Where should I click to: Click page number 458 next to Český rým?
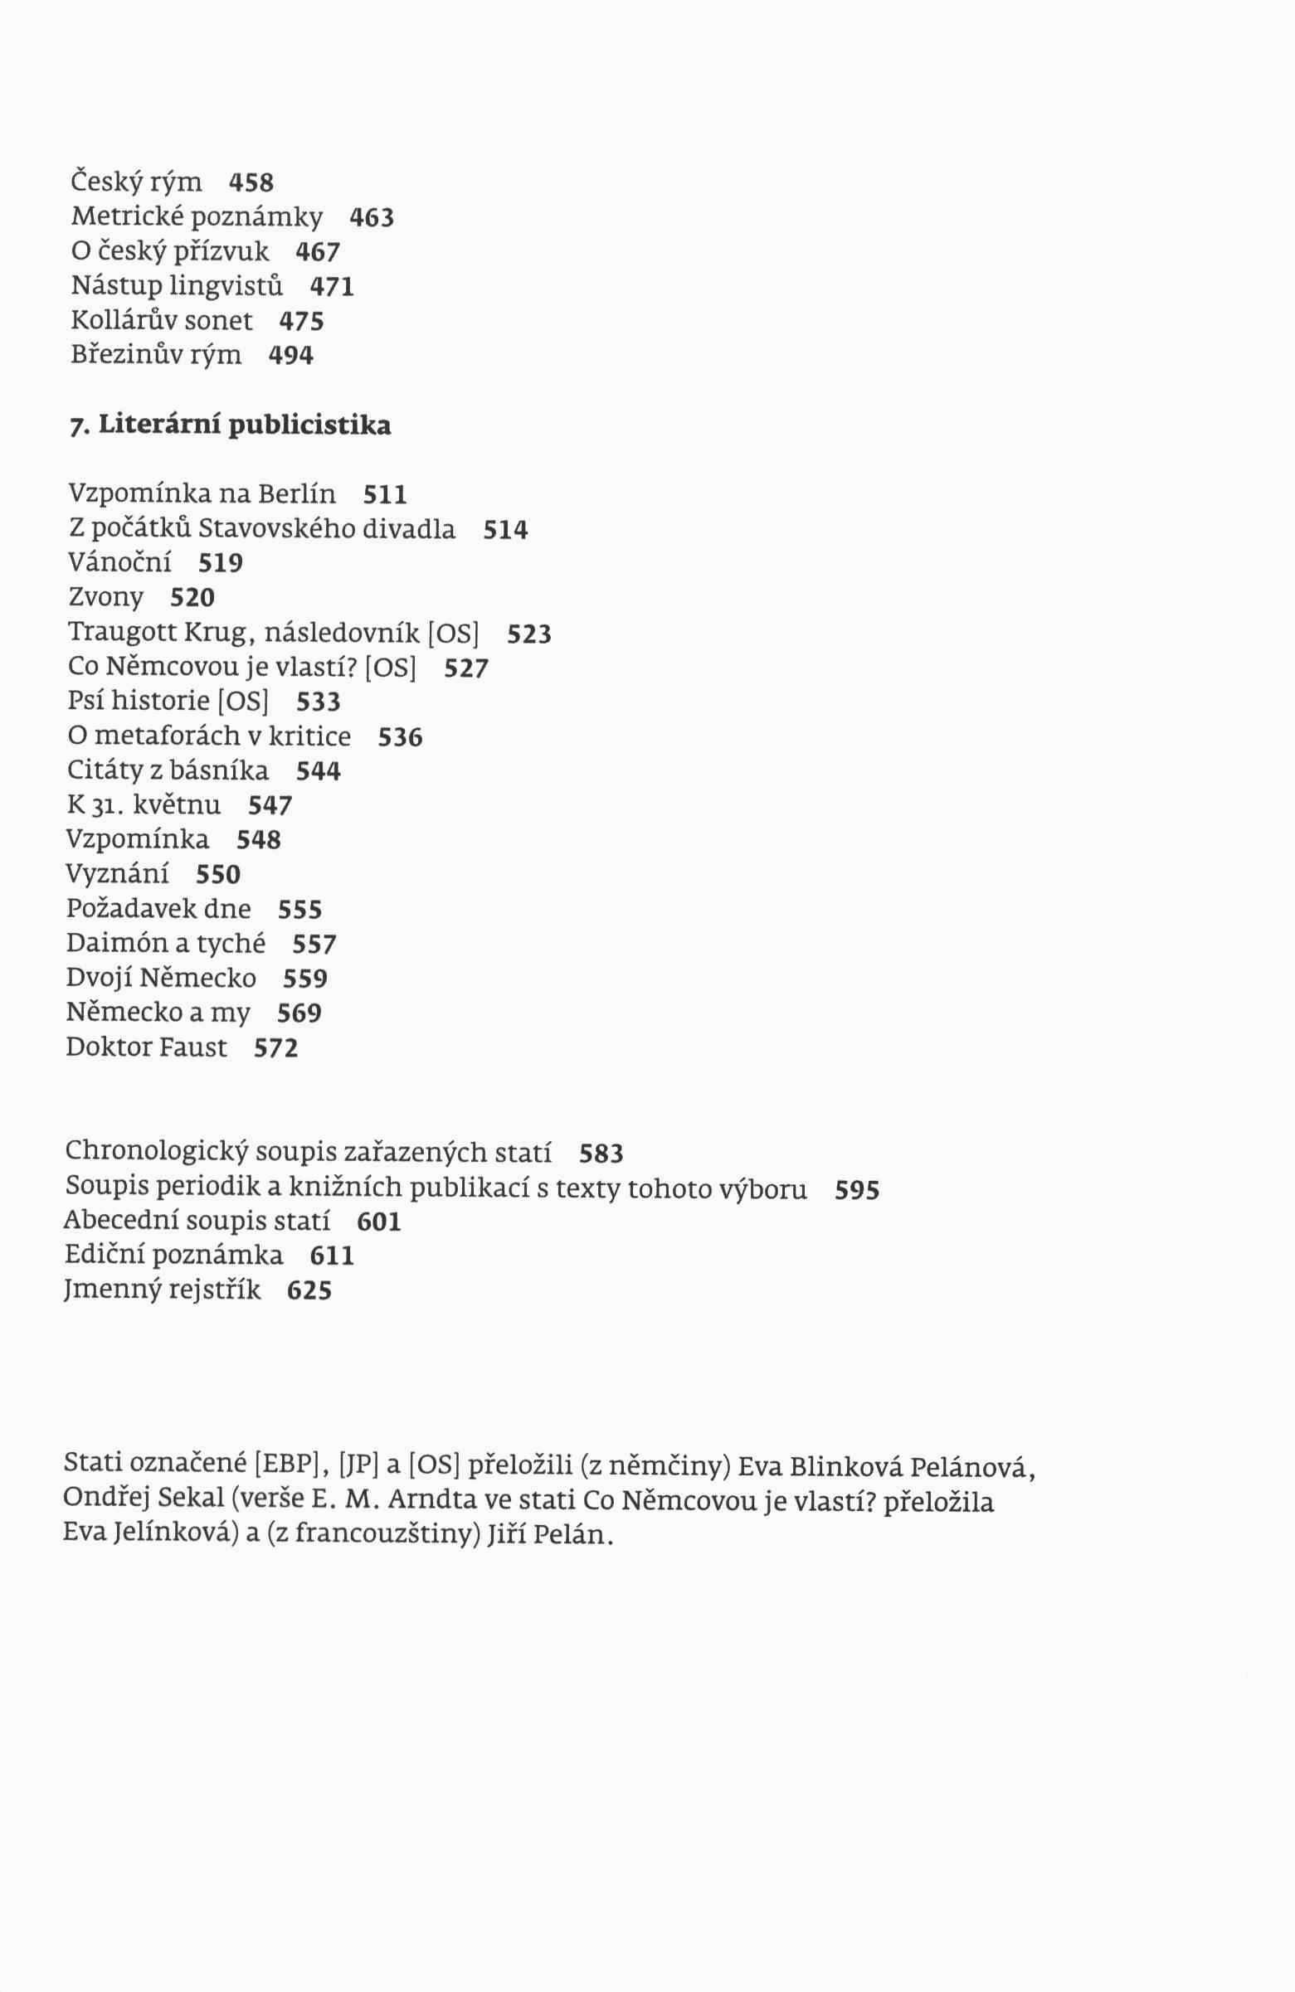[251, 182]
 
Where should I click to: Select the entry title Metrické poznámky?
[197, 216]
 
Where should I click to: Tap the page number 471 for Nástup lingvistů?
[333, 287]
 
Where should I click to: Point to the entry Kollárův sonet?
[162, 321]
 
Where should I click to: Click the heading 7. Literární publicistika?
[230, 426]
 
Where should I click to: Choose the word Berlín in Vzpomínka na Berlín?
[296, 493]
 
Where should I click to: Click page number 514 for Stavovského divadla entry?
[505, 530]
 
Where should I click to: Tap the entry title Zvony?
[105, 598]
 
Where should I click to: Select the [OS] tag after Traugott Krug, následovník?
[453, 634]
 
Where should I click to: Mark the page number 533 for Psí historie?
[318, 702]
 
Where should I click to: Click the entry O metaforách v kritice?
[209, 736]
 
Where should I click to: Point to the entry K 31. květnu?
[144, 805]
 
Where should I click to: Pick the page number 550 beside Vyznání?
[217, 875]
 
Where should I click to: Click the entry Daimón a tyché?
[166, 943]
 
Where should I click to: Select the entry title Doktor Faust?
[147, 1047]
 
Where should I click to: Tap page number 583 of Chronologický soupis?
[601, 1154]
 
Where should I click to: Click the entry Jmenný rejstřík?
[163, 1290]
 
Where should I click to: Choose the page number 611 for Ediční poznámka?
[333, 1256]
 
